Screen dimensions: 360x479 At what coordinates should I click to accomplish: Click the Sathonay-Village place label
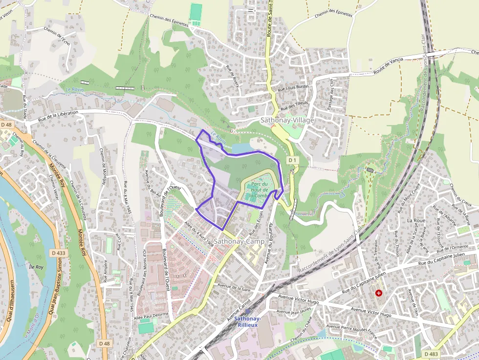click(x=287, y=120)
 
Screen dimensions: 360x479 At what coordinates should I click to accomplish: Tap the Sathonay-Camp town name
click(x=239, y=241)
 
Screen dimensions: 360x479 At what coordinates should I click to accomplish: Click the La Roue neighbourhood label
click(x=415, y=220)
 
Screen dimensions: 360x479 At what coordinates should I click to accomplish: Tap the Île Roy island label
click(x=36, y=267)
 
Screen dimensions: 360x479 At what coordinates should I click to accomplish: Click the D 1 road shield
click(x=292, y=160)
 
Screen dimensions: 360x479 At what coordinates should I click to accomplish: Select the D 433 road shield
click(x=58, y=253)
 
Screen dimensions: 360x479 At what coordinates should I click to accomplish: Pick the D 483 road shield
click(x=431, y=354)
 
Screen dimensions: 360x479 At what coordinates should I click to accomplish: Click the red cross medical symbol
click(x=379, y=293)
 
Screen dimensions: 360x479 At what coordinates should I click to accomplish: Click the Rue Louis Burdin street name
click(x=293, y=87)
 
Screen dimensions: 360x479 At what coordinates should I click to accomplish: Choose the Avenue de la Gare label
click(x=234, y=287)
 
